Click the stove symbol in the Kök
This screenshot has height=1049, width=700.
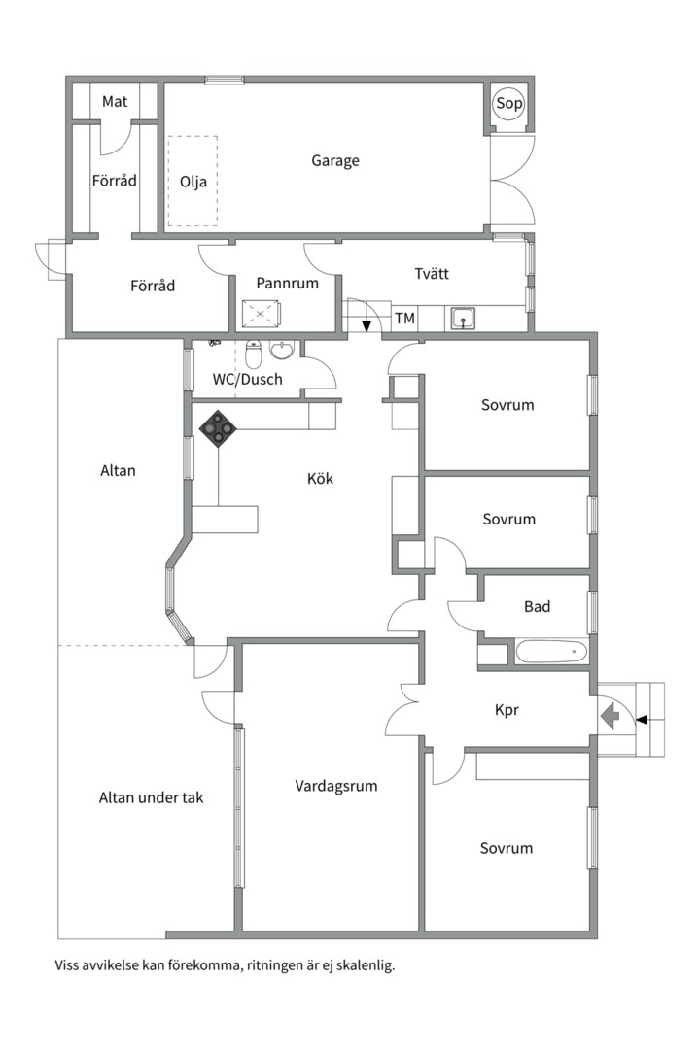pyautogui.click(x=218, y=428)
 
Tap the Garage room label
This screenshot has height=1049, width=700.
pyautogui.click(x=334, y=160)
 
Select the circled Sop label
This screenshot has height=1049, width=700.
pyautogui.click(x=509, y=103)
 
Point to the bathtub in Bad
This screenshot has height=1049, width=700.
pyautogui.click(x=551, y=651)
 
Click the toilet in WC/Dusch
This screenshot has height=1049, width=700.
pyautogui.click(x=253, y=355)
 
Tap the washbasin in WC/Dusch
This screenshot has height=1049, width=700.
pyautogui.click(x=283, y=350)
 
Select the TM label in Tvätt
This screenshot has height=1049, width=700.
pyautogui.click(x=404, y=319)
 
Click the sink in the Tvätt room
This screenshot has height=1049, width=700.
pyautogui.click(x=463, y=318)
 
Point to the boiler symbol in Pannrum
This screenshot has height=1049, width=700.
pyautogui.click(x=262, y=313)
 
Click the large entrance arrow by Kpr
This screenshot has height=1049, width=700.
pyautogui.click(x=611, y=718)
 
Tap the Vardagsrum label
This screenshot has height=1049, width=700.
pyautogui.click(x=336, y=786)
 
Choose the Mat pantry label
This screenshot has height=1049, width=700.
pyautogui.click(x=115, y=102)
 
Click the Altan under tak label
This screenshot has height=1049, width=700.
pyautogui.click(x=151, y=797)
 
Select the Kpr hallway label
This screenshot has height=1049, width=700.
pyautogui.click(x=507, y=710)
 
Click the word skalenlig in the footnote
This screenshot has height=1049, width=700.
pyautogui.click(x=366, y=965)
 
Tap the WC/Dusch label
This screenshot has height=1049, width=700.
pyautogui.click(x=247, y=380)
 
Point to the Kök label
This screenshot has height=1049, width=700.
pyautogui.click(x=320, y=478)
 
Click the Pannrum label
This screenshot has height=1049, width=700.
pyautogui.click(x=288, y=283)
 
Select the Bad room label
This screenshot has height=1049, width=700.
pyautogui.click(x=538, y=607)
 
